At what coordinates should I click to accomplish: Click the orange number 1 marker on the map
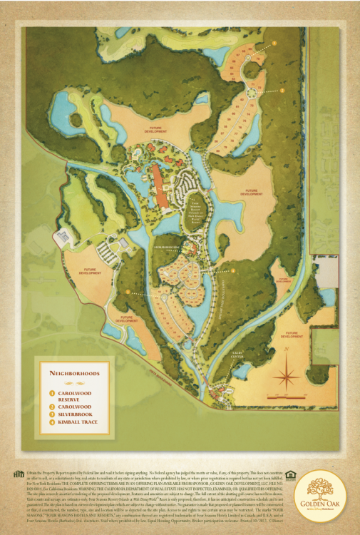[128, 292]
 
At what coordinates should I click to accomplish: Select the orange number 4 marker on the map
[233, 270]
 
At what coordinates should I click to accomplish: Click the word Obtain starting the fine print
[33, 473]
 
